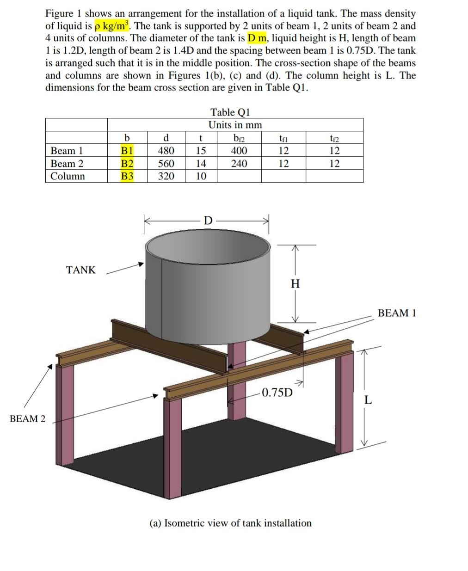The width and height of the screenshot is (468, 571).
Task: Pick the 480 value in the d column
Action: click(x=166, y=151)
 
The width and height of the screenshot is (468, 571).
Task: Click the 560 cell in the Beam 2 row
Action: click(x=166, y=164)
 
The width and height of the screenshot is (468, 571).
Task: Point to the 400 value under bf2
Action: click(x=239, y=151)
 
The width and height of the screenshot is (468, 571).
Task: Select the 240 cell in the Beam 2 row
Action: click(x=239, y=164)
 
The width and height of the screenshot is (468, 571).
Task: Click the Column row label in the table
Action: click(x=68, y=176)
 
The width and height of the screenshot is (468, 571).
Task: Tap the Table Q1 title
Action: click(x=230, y=112)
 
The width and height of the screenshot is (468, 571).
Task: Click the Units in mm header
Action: click(x=235, y=125)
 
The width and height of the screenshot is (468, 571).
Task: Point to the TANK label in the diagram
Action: click(x=80, y=270)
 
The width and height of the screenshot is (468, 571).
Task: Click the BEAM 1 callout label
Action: click(x=397, y=313)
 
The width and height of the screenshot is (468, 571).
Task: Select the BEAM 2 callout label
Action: click(x=28, y=419)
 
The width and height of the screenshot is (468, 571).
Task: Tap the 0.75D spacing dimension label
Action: click(x=277, y=393)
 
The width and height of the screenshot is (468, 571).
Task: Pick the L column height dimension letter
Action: click(x=367, y=400)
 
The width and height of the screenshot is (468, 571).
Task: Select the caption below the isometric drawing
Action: click(x=230, y=523)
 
